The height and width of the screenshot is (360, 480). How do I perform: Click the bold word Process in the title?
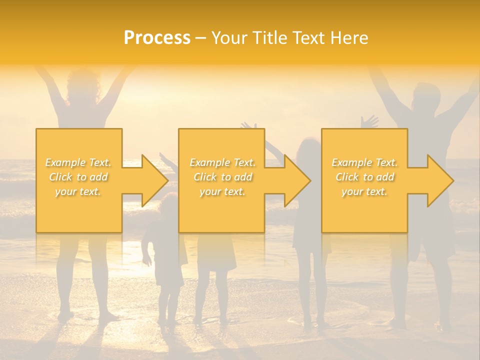(x=157, y=38)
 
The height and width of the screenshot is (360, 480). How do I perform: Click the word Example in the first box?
(x=65, y=162)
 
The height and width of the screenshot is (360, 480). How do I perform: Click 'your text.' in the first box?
(x=78, y=191)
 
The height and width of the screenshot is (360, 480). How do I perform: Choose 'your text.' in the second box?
(x=222, y=191)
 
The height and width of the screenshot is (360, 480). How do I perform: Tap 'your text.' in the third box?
(x=364, y=191)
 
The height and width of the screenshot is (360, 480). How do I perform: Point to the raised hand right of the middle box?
(x=369, y=121)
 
